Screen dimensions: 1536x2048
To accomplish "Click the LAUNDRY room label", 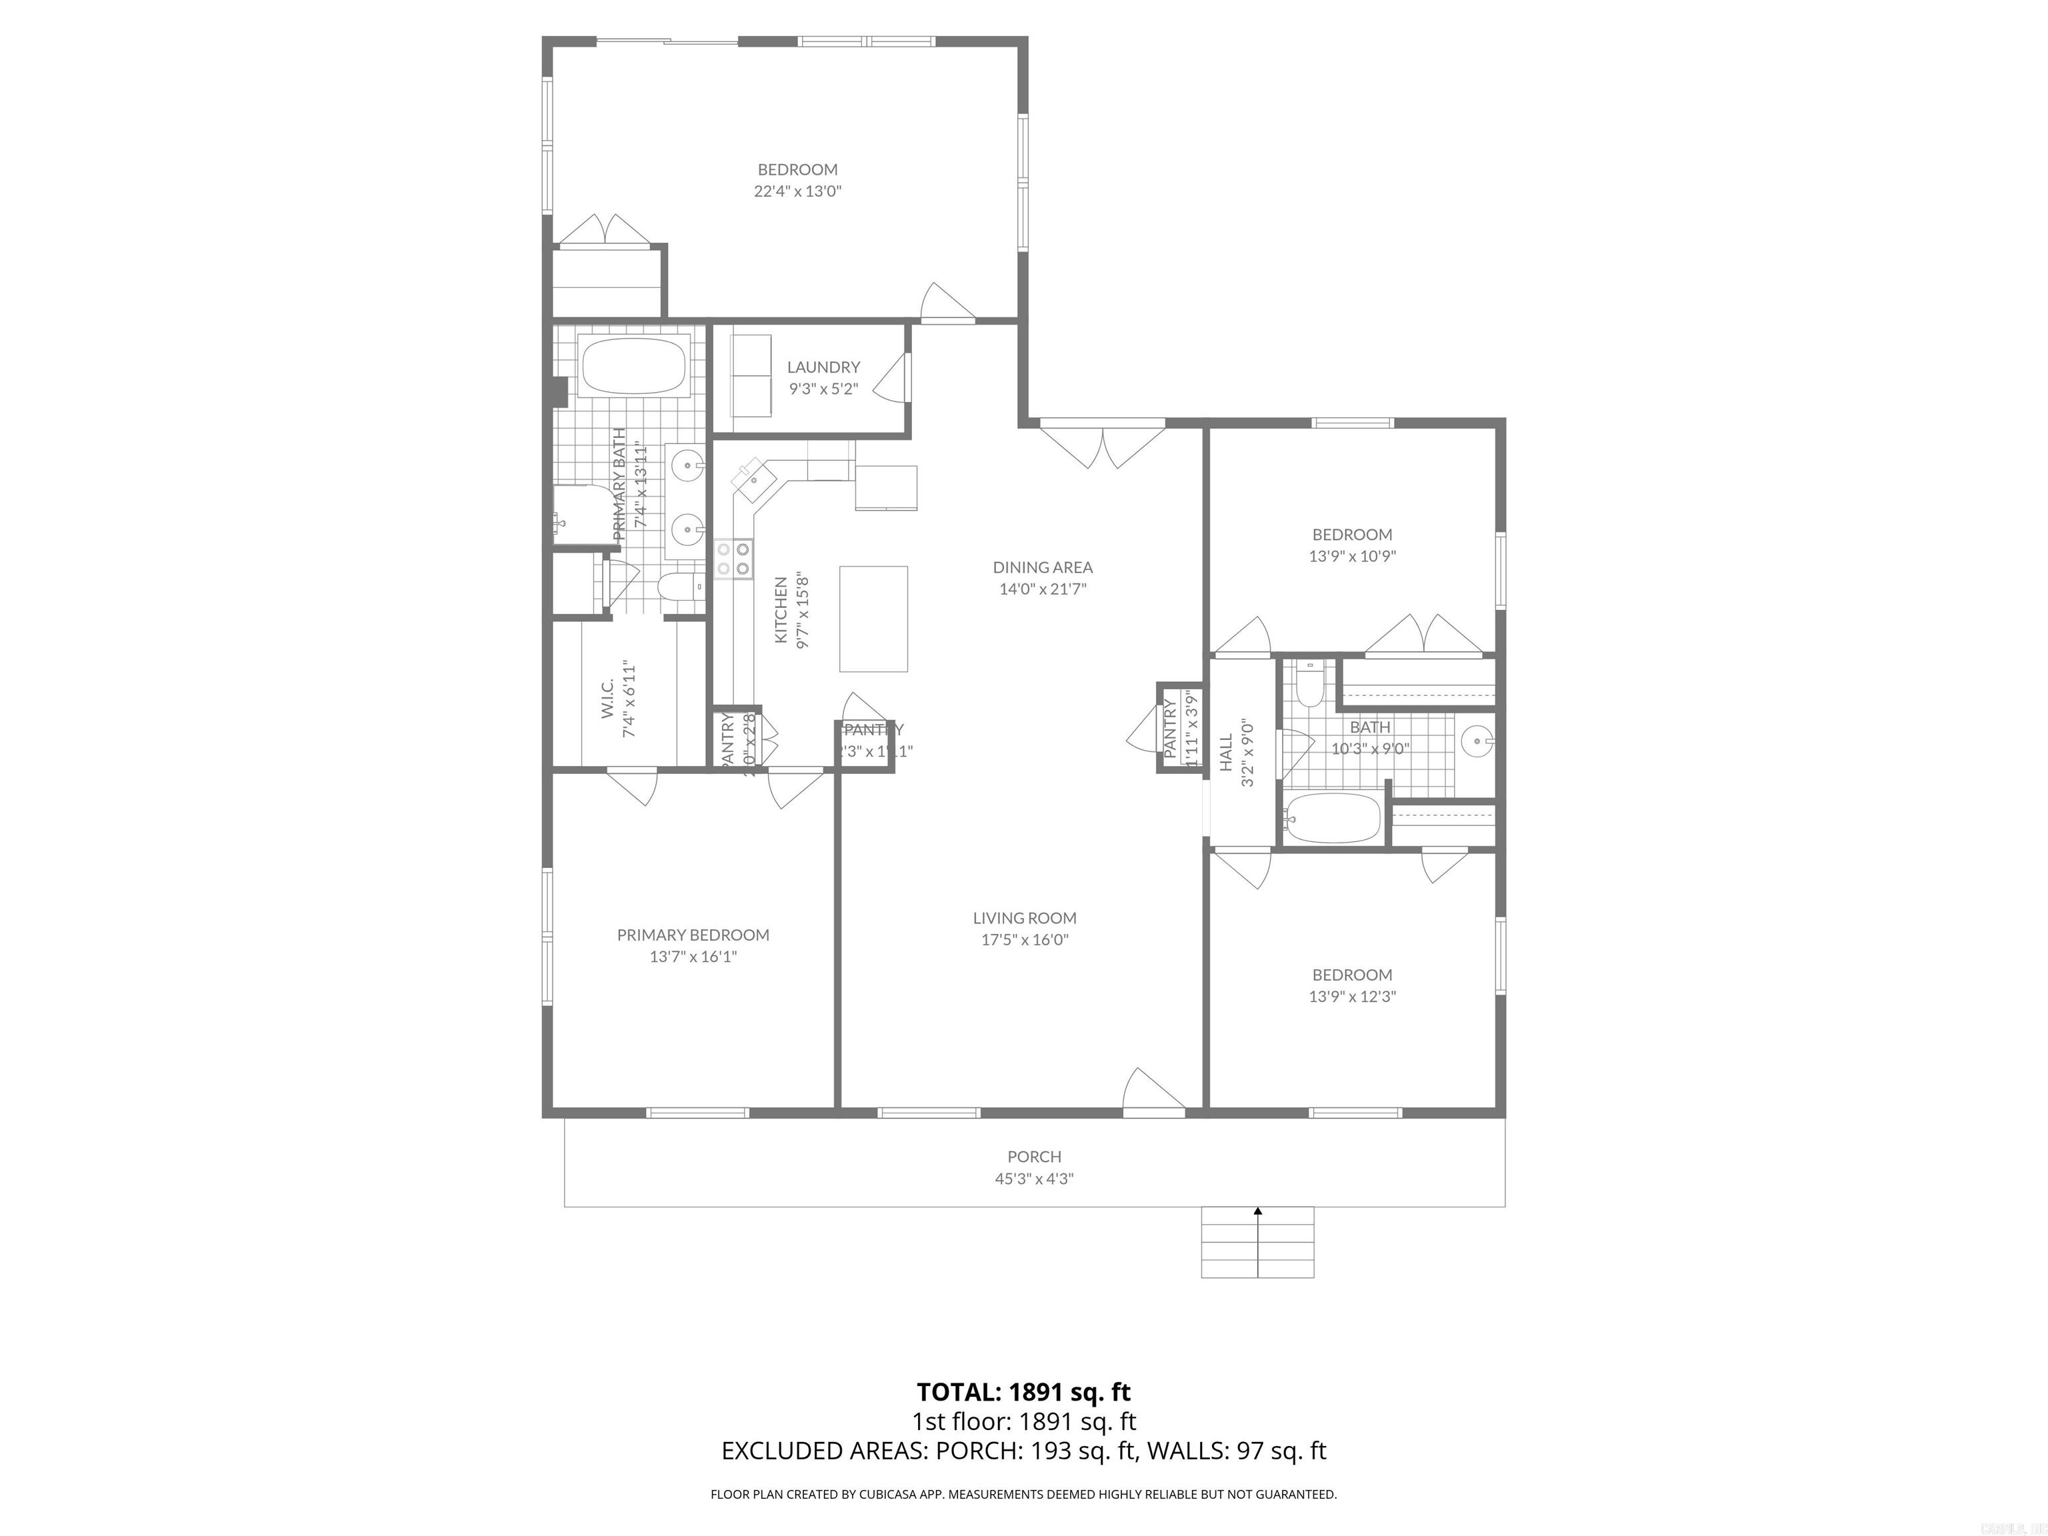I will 823,367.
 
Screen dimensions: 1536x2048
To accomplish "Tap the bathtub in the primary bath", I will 633,366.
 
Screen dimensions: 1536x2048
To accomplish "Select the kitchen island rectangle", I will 873,619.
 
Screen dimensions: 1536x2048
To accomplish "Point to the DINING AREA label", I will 1043,567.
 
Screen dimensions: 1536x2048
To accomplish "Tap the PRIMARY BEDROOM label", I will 693,935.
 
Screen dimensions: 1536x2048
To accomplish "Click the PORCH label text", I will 1034,1157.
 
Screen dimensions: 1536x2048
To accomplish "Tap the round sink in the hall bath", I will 1476,741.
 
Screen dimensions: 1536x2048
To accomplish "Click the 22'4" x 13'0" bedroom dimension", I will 797,191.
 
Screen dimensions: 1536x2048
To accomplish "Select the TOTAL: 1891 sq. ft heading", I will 1023,1391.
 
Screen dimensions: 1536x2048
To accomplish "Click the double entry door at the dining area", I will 1102,445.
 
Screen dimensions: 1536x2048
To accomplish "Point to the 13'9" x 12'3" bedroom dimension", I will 1352,996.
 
